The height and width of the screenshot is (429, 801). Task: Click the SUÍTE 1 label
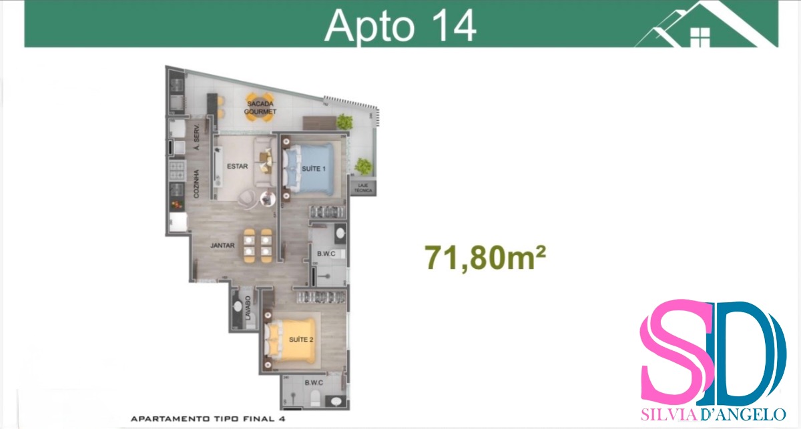coord(314,168)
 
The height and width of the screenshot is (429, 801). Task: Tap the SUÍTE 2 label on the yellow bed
coord(301,340)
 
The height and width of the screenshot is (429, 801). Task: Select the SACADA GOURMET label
coord(260,107)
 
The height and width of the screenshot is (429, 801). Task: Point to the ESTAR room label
coord(237,166)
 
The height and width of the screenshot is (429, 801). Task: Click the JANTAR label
coord(222,246)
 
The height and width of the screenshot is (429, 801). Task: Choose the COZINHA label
coord(196,183)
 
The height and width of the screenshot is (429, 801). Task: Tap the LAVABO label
coord(248,308)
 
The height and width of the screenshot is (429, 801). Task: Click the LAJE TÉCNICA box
coord(363,188)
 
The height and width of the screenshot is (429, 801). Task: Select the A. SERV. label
coord(196,137)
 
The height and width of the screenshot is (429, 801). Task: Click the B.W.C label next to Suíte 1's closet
coord(326,254)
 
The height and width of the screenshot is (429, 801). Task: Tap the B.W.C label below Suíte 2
coord(314,383)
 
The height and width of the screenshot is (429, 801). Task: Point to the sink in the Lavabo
coord(238,307)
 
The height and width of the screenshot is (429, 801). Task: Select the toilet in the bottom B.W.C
coord(314,398)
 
